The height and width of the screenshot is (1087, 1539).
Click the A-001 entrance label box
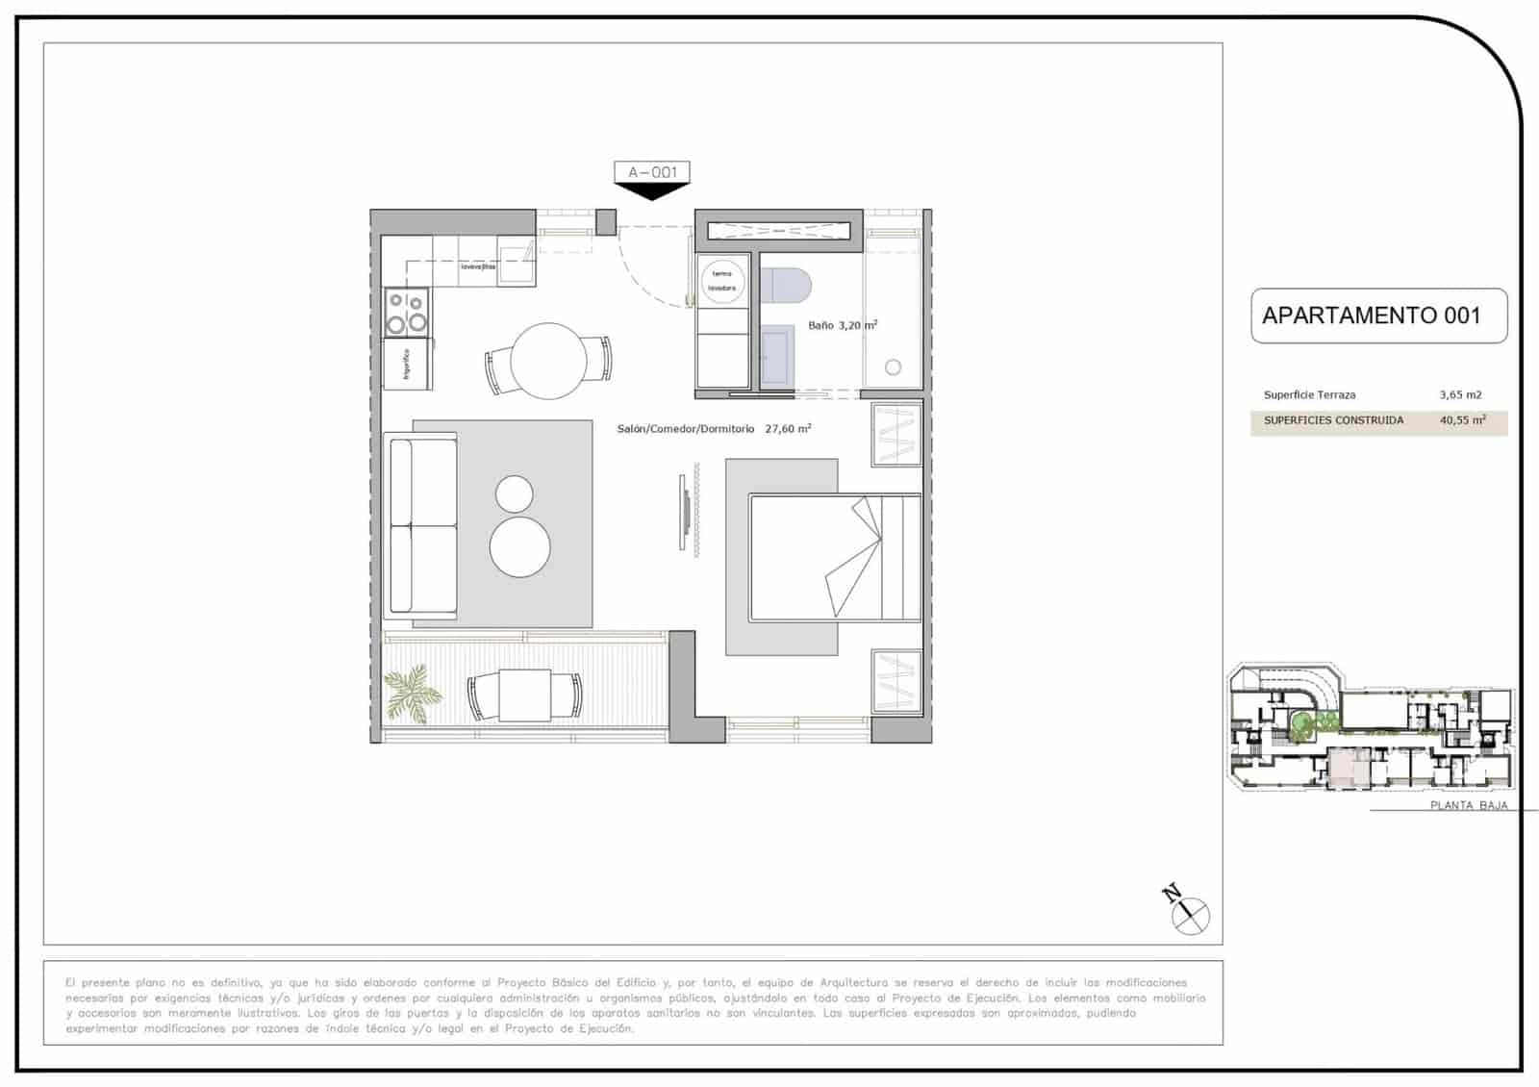pos(652,172)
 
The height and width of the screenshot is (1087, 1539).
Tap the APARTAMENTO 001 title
pos(1371,316)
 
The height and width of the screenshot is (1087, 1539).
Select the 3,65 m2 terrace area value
pos(1460,395)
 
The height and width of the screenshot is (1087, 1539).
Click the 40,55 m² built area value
pos(1462,420)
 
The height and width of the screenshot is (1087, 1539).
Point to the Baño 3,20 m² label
pos(843,326)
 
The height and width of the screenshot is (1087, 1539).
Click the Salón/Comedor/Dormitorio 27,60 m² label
pos(714,429)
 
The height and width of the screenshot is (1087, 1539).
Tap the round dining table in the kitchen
pos(548,361)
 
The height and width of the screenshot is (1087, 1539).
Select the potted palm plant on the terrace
pos(412,691)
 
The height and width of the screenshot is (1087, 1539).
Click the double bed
pos(834,556)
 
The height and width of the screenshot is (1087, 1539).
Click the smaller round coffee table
pos(515,494)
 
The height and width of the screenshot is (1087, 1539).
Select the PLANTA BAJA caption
pos(1469,806)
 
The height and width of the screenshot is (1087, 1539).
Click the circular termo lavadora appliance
pos(722,281)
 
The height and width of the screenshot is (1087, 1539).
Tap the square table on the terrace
pos(524,695)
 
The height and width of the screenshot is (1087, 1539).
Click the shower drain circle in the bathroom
pos(893,367)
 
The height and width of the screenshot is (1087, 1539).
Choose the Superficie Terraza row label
pos(1309,395)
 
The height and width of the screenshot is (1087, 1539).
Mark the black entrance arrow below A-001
pos(652,191)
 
